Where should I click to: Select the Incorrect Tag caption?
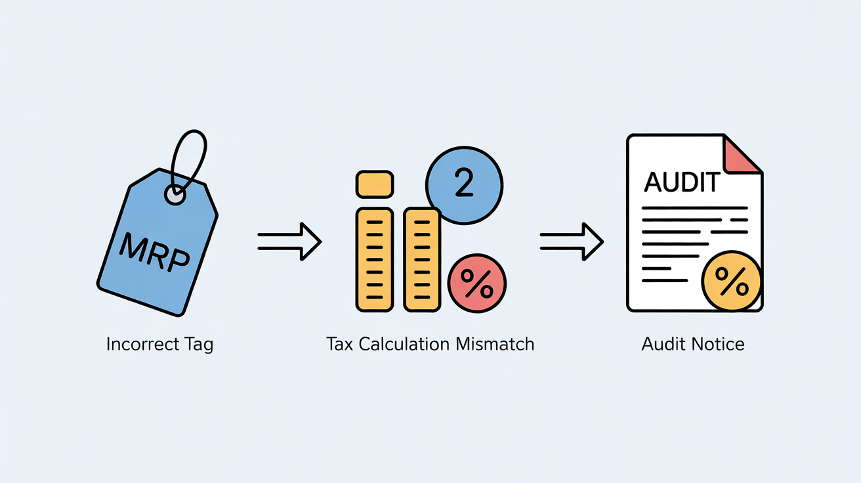coord(159,344)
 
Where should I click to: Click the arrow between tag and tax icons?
coord(289,241)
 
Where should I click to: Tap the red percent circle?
coord(477,284)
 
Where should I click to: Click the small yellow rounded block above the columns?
coord(374,184)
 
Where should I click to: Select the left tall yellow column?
coord(374,259)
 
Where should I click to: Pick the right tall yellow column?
coord(421,259)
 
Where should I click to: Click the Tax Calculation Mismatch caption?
coord(430,344)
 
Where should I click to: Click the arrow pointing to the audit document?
coord(571,241)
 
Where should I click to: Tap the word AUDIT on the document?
coord(682,182)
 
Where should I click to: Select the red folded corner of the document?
coord(740,155)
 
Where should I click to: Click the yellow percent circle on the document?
coord(731,283)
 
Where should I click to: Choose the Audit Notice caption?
coord(693,344)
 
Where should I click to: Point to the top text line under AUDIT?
coord(694,208)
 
